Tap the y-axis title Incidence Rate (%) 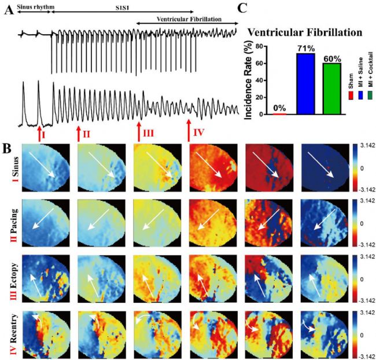click(250, 80)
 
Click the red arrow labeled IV click(189, 130)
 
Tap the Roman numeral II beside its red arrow click(86, 134)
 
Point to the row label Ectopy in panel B click(13, 272)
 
